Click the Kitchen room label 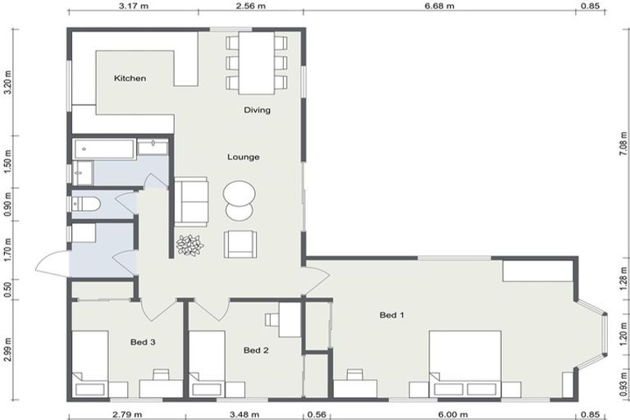130,79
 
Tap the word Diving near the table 257,110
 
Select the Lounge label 244,157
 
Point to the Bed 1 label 391,315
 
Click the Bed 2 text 256,350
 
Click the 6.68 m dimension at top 439,6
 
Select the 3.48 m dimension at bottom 244,414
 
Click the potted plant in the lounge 190,244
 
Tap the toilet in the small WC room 86,204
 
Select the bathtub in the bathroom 104,148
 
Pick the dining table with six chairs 257,62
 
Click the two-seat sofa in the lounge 191,201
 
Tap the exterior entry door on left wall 52,265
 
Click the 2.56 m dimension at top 250,6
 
